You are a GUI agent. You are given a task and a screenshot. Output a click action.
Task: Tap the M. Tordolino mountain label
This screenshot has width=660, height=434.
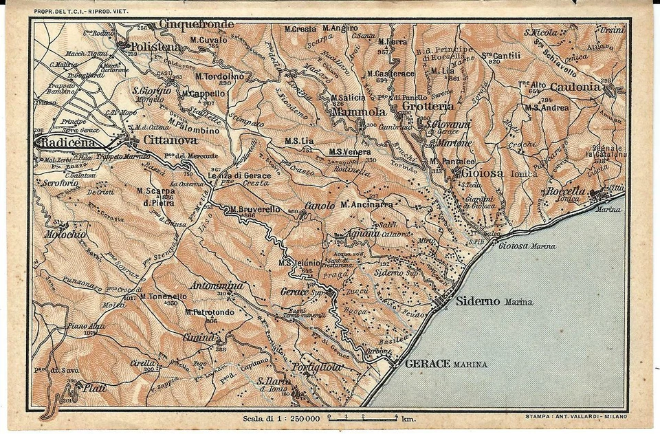tap(219, 76)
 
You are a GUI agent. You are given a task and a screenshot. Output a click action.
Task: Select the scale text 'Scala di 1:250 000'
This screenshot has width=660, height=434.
tap(281, 417)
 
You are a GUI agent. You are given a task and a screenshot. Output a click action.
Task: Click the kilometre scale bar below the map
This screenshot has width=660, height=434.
tap(362, 416)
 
